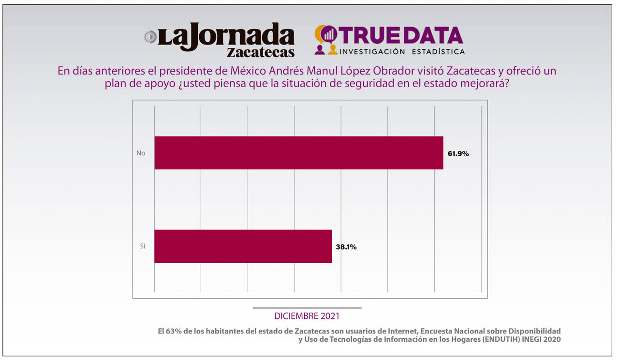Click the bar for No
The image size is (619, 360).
pyautogui.click(x=298, y=153)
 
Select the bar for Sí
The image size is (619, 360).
pyautogui.click(x=243, y=246)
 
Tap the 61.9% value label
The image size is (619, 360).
pyautogui.click(x=458, y=154)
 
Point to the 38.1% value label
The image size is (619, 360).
pyautogui.click(x=346, y=247)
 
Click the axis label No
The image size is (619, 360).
pyautogui.click(x=141, y=153)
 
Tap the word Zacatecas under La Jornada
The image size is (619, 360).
pyautogui.click(x=261, y=52)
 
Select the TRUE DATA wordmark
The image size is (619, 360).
pyautogui.click(x=401, y=35)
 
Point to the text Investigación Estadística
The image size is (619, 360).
pyautogui.click(x=402, y=51)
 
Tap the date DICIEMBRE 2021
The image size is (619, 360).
pyautogui.click(x=307, y=316)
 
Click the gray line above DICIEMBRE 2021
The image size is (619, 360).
pyautogui.click(x=307, y=308)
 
